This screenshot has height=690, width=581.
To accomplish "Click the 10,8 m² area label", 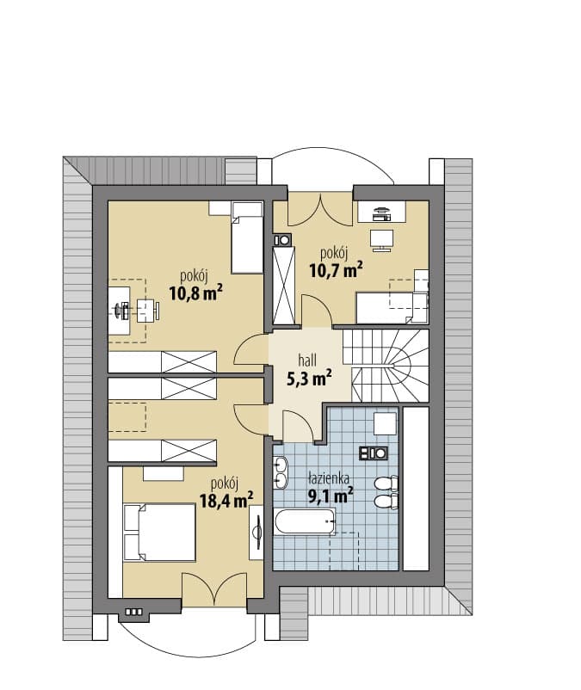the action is click(x=195, y=293).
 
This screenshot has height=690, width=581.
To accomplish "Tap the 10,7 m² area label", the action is click(x=337, y=269).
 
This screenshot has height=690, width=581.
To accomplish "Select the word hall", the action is click(x=307, y=360).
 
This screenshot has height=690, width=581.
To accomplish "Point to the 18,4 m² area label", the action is click(x=226, y=500).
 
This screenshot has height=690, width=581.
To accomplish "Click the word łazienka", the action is click(x=329, y=477).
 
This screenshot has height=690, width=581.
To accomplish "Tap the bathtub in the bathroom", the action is click(x=305, y=521).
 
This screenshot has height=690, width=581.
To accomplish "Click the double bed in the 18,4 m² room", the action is click(x=159, y=533).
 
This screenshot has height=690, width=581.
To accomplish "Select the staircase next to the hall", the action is click(x=386, y=366).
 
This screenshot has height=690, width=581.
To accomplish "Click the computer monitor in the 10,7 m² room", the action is click(x=381, y=214).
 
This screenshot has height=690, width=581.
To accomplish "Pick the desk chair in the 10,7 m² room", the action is click(x=381, y=240).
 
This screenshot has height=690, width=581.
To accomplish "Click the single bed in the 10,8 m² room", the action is click(x=247, y=237).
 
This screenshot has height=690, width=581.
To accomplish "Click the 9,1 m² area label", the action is click(x=331, y=496).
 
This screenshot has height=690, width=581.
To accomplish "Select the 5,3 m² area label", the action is click(x=309, y=379).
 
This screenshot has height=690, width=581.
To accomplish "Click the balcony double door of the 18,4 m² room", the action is click(x=214, y=588).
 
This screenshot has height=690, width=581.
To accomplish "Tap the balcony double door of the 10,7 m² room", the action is click(x=320, y=210).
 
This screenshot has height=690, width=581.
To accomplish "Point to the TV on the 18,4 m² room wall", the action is click(x=257, y=532).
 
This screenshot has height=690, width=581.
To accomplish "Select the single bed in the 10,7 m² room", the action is click(x=392, y=308).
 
